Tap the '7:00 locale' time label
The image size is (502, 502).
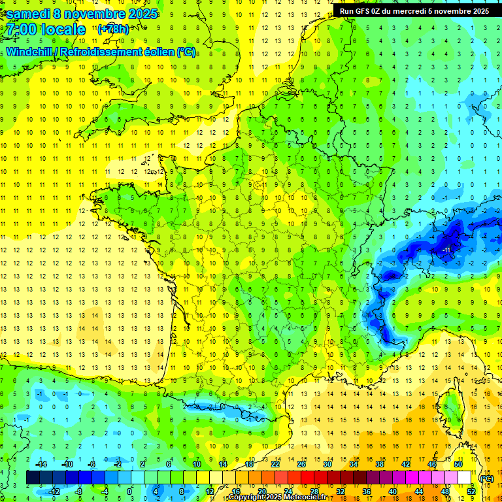tap(45, 29)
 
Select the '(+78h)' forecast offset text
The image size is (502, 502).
tap(113, 29)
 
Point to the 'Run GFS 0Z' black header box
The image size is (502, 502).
tap(414, 10)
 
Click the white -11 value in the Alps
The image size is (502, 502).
tap(447, 250)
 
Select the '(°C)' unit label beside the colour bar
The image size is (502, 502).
tap(486, 478)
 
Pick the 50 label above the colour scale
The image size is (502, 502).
tap(458, 464)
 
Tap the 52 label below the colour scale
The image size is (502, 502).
tap(471, 491)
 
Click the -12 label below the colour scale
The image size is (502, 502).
tap(54, 491)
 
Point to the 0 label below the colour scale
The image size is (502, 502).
tap(130, 491)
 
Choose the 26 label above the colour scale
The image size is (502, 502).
tap(301, 464)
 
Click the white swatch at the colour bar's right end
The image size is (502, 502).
tap(465, 478)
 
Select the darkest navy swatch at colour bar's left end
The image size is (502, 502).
tap(33, 478)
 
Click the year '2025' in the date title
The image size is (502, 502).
tap(139, 14)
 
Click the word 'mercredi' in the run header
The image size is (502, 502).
tap(409, 10)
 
